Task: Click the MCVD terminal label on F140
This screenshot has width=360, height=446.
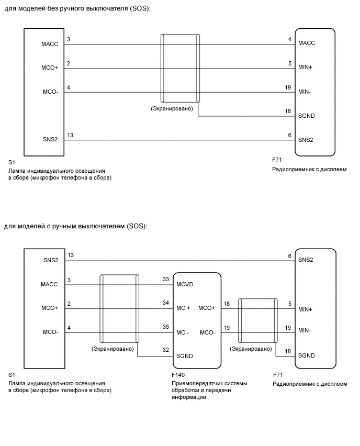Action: (x=186, y=285)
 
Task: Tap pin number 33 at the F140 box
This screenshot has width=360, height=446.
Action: (x=166, y=280)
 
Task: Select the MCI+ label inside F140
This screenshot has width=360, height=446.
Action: (x=184, y=308)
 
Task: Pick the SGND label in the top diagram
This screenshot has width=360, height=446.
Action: (x=307, y=116)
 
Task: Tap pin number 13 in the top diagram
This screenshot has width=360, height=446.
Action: (x=70, y=135)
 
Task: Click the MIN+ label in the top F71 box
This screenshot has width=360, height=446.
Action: (x=306, y=68)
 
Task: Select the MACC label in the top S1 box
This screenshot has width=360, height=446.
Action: (x=50, y=44)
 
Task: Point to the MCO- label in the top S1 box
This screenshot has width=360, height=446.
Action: (x=50, y=93)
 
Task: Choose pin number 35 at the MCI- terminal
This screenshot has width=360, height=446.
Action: (x=166, y=327)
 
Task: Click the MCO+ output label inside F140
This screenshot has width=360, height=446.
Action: (x=207, y=308)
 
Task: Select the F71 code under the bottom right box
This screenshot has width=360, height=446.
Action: (x=278, y=375)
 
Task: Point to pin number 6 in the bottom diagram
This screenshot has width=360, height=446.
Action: (x=289, y=255)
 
